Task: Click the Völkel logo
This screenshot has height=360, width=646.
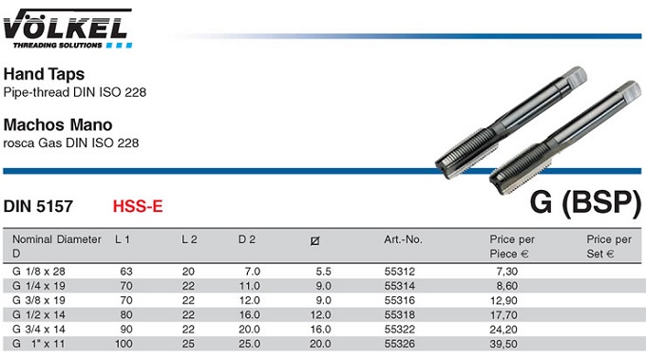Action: (x=68, y=28)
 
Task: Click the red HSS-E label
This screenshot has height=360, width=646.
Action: (x=138, y=206)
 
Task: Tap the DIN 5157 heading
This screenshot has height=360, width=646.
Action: (x=38, y=206)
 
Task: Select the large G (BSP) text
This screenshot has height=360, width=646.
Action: (x=585, y=202)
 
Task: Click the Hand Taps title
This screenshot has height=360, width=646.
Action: (x=44, y=74)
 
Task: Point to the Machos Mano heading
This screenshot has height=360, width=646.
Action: (x=58, y=124)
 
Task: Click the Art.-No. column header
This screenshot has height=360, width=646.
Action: (x=404, y=239)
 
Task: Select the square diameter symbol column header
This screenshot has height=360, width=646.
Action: (x=314, y=240)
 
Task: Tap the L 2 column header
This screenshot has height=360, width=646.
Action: (x=189, y=239)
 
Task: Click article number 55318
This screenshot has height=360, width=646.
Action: (x=400, y=314)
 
